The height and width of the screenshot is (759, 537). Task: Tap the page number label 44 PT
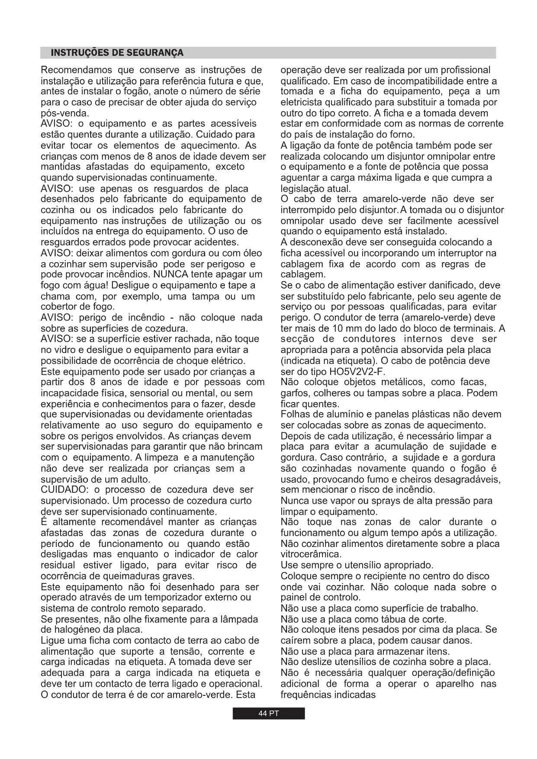(x=268, y=714)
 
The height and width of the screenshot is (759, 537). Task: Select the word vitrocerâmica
(x=311, y=554)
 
